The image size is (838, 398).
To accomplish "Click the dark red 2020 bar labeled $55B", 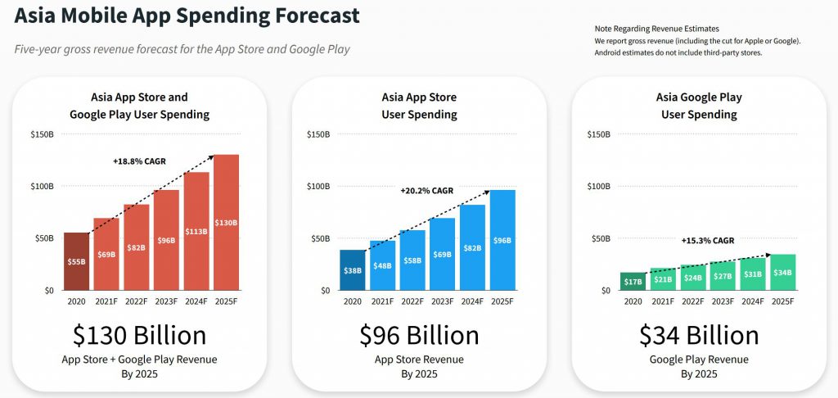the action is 76,261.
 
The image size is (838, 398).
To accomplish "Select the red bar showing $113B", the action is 196,231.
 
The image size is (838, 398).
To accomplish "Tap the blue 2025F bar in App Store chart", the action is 503,240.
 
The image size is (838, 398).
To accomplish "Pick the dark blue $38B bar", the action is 352,270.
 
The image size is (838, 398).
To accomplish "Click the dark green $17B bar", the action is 633,282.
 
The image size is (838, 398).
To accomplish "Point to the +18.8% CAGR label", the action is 139,161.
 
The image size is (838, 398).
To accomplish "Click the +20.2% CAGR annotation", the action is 426,191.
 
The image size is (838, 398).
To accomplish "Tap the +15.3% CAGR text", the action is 708,241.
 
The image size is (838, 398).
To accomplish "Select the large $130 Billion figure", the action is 139,336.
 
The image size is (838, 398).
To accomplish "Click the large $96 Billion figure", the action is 419,336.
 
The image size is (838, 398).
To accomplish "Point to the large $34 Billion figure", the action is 699,336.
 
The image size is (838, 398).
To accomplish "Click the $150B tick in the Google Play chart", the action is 599,134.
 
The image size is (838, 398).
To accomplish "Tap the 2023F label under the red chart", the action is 166,301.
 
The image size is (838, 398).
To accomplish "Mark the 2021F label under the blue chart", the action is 382,301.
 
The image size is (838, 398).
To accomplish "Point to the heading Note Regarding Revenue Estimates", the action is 657,29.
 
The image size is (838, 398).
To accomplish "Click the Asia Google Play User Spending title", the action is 699,106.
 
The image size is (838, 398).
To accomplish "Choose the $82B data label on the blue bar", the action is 473,248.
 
